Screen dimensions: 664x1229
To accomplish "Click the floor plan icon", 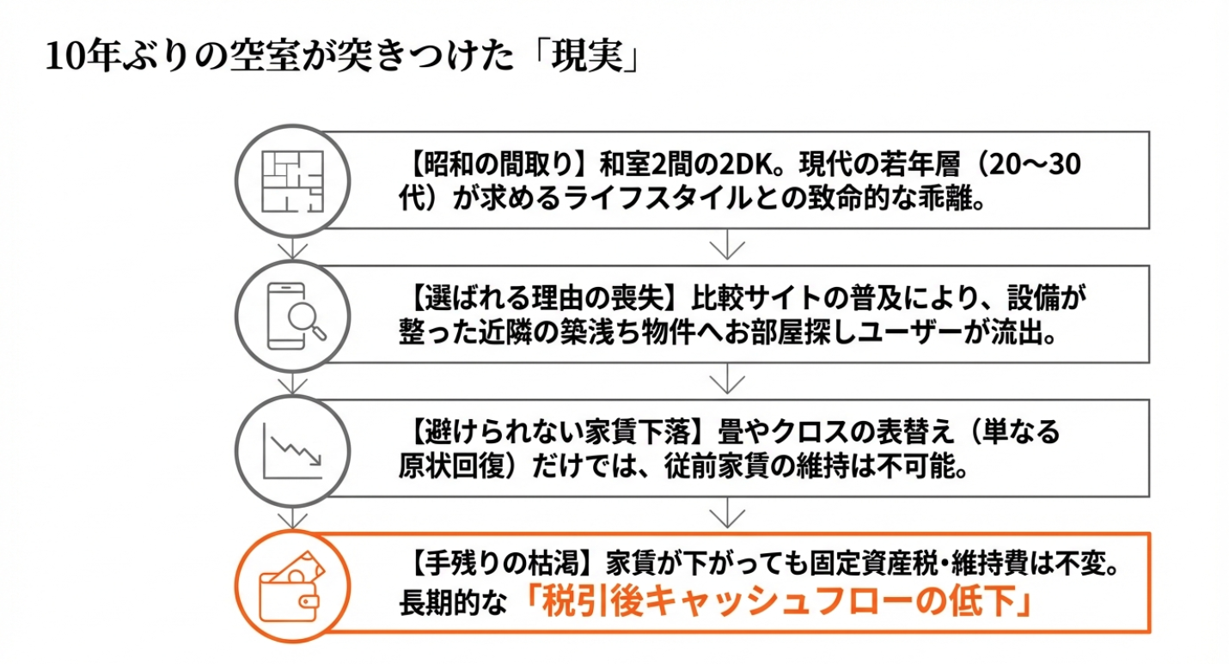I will (292, 182).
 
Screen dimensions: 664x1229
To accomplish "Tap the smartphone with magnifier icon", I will (292, 315).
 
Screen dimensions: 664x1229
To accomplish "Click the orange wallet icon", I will (292, 586).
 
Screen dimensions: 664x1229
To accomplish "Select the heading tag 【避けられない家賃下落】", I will (559, 432).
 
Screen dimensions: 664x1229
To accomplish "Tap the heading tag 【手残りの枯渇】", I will (499, 566).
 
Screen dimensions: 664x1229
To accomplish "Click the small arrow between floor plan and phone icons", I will (293, 248).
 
